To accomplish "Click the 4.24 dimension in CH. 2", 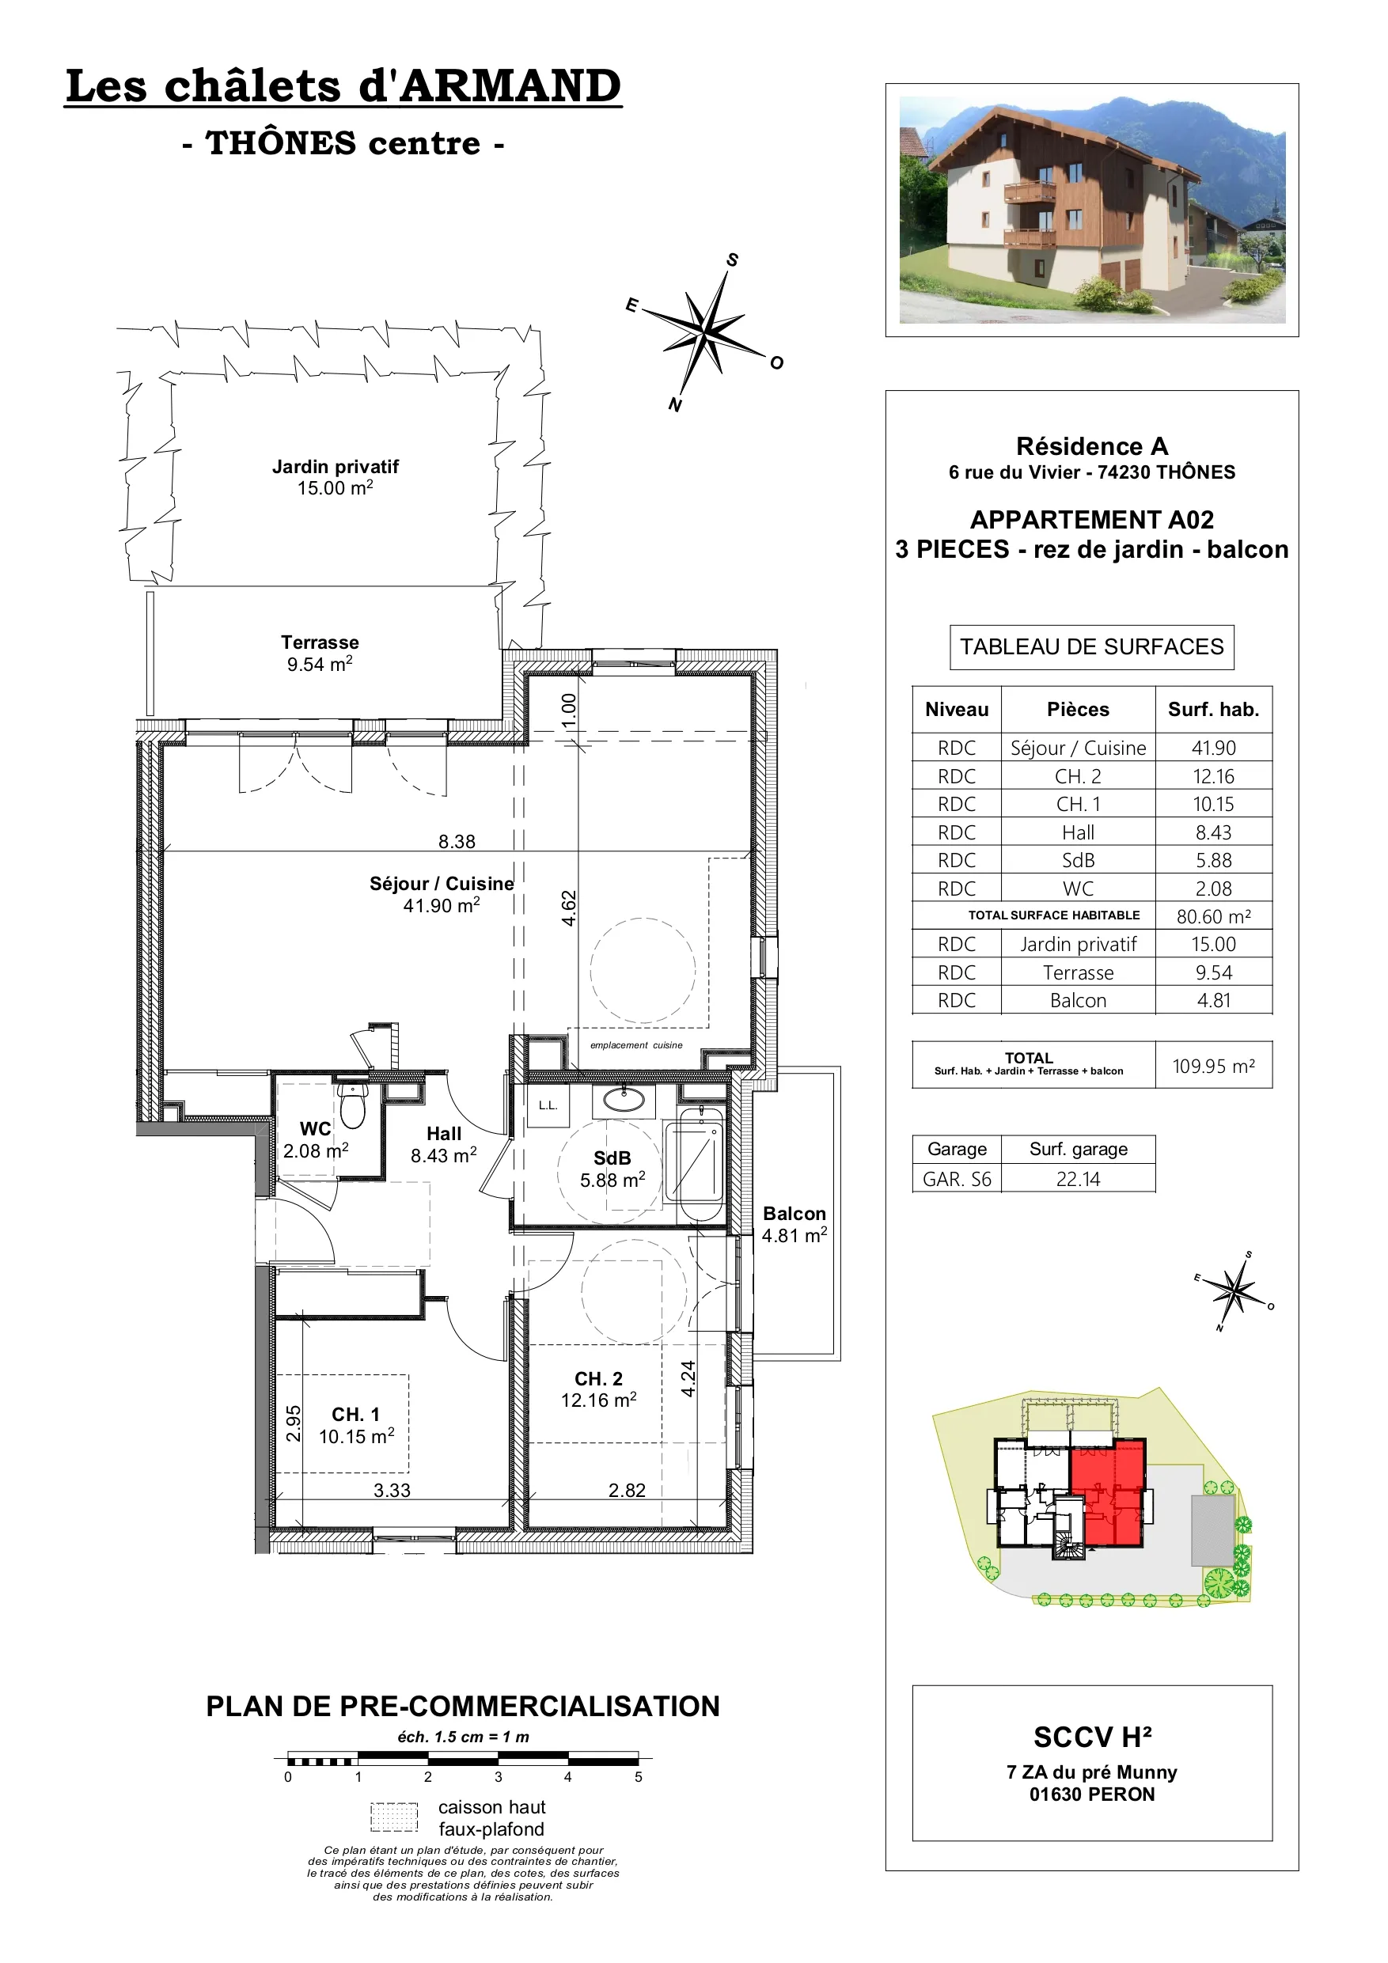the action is (688, 1378).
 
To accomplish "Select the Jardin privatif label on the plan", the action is (336, 467).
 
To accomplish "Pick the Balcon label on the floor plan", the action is (794, 1213).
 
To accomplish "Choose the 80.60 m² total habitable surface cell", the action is (1214, 915).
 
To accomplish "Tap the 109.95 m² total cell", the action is (1214, 1065).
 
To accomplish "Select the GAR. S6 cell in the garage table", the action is (957, 1179).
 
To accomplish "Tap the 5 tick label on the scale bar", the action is (638, 1776).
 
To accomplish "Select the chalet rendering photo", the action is (1092, 210).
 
